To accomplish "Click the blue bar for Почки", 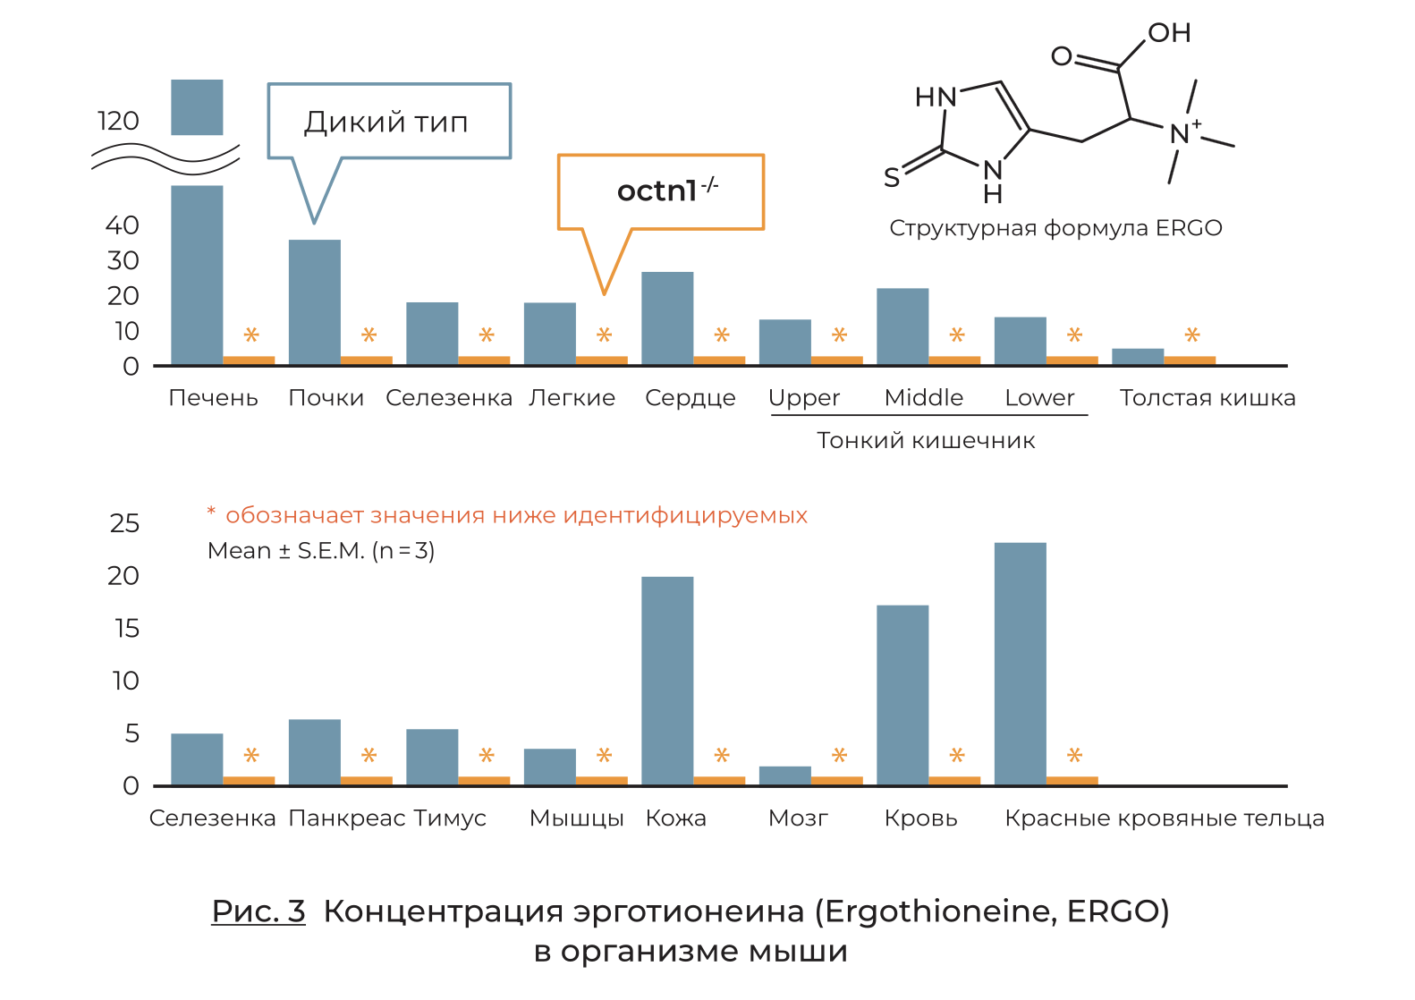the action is coord(315,302).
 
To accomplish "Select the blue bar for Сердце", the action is coord(667,318).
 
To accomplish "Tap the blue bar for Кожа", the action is coord(667,681).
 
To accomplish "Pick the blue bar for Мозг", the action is coord(785,775).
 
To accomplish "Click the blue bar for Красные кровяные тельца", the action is coord(1021,664).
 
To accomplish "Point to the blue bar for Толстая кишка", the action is coord(1138,357).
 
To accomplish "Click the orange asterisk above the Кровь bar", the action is coord(957,755).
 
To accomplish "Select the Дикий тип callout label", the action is coord(386,122).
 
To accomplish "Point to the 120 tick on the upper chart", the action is coord(118,121).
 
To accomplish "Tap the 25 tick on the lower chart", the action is coord(124,523).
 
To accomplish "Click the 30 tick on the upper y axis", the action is coord(123,260).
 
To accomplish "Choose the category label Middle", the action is coord(924,397).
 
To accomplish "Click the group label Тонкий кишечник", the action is coord(926,440).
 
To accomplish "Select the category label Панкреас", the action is coord(347,818).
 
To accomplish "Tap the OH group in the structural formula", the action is coord(1169,33).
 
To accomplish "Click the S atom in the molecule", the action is coord(892,177).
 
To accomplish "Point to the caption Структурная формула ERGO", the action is coord(1055,228).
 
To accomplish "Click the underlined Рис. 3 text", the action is coord(258,911).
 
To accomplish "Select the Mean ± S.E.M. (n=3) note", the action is coord(321,551).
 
